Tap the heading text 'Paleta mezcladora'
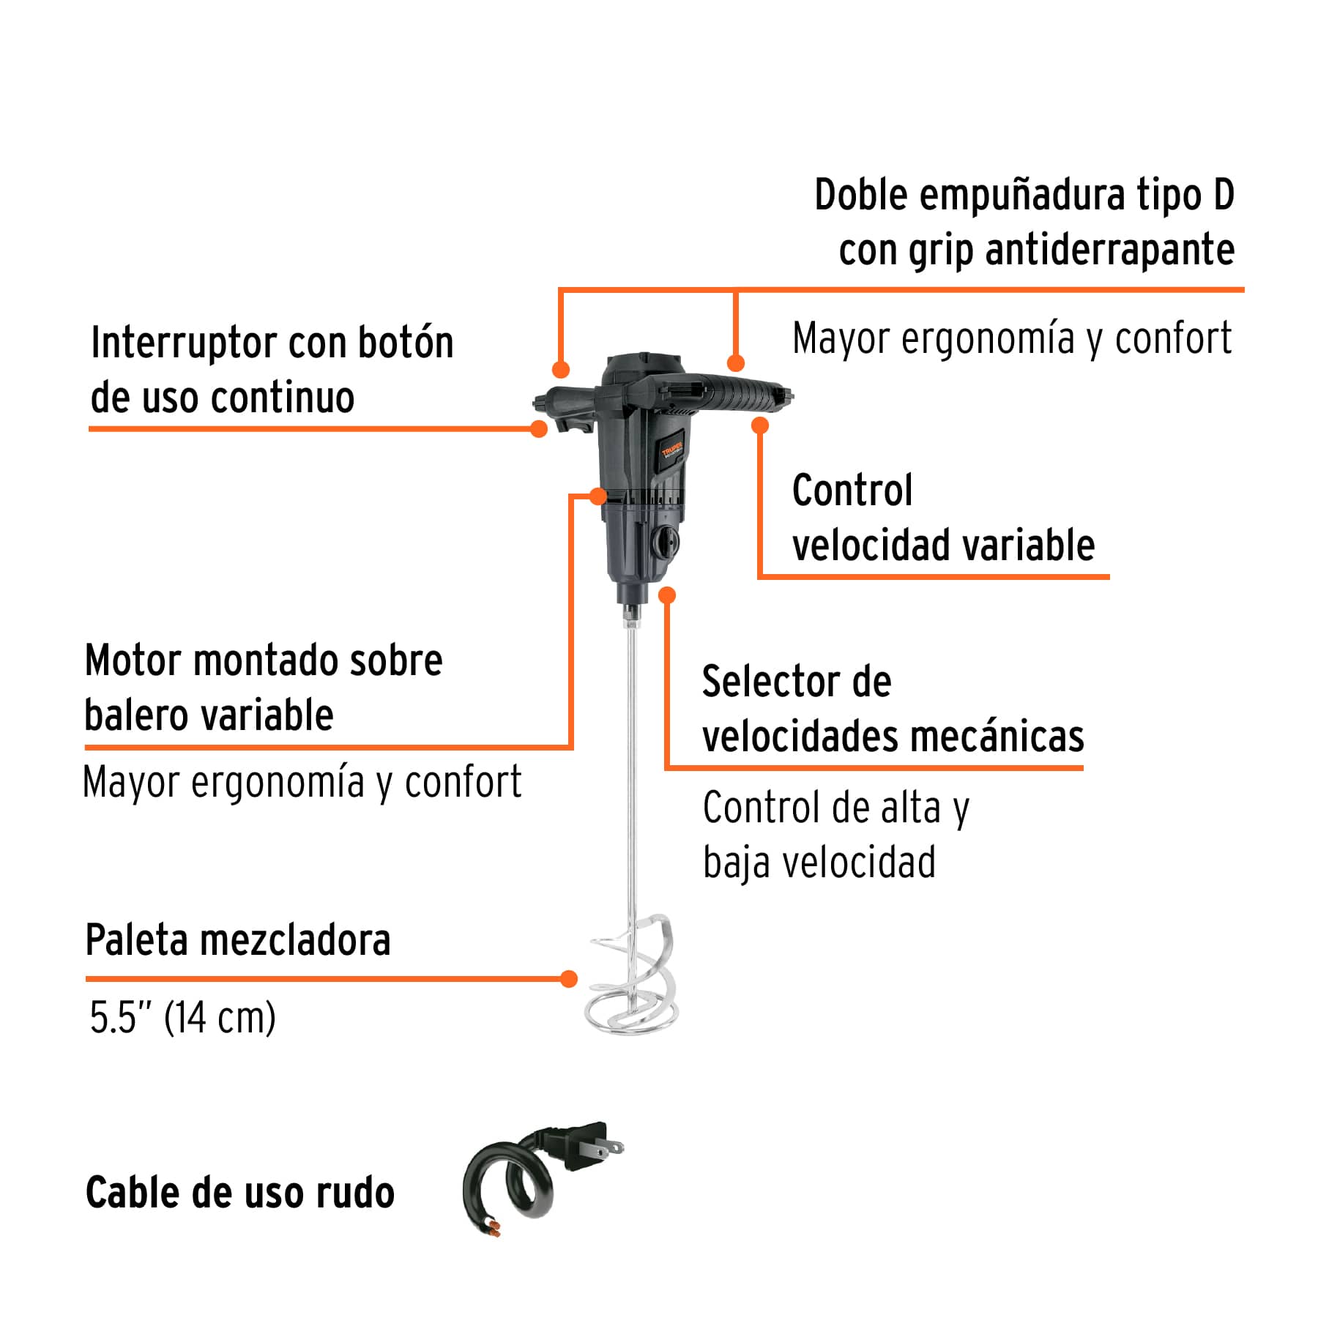tap(238, 940)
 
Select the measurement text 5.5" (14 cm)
tap(182, 1017)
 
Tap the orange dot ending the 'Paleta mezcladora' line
tap(568, 979)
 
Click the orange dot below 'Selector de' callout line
tap(666, 595)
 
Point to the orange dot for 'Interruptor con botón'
tap(539, 429)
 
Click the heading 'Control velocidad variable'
tap(943, 518)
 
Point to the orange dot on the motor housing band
tap(598, 496)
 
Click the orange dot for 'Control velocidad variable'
tap(760, 425)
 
